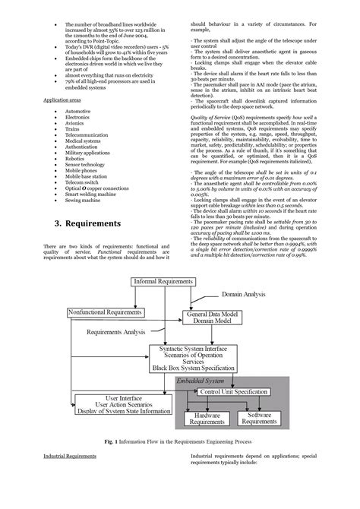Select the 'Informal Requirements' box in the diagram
[x=164, y=282]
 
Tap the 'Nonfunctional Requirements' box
[x=106, y=312]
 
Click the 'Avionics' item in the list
[x=75, y=125]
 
